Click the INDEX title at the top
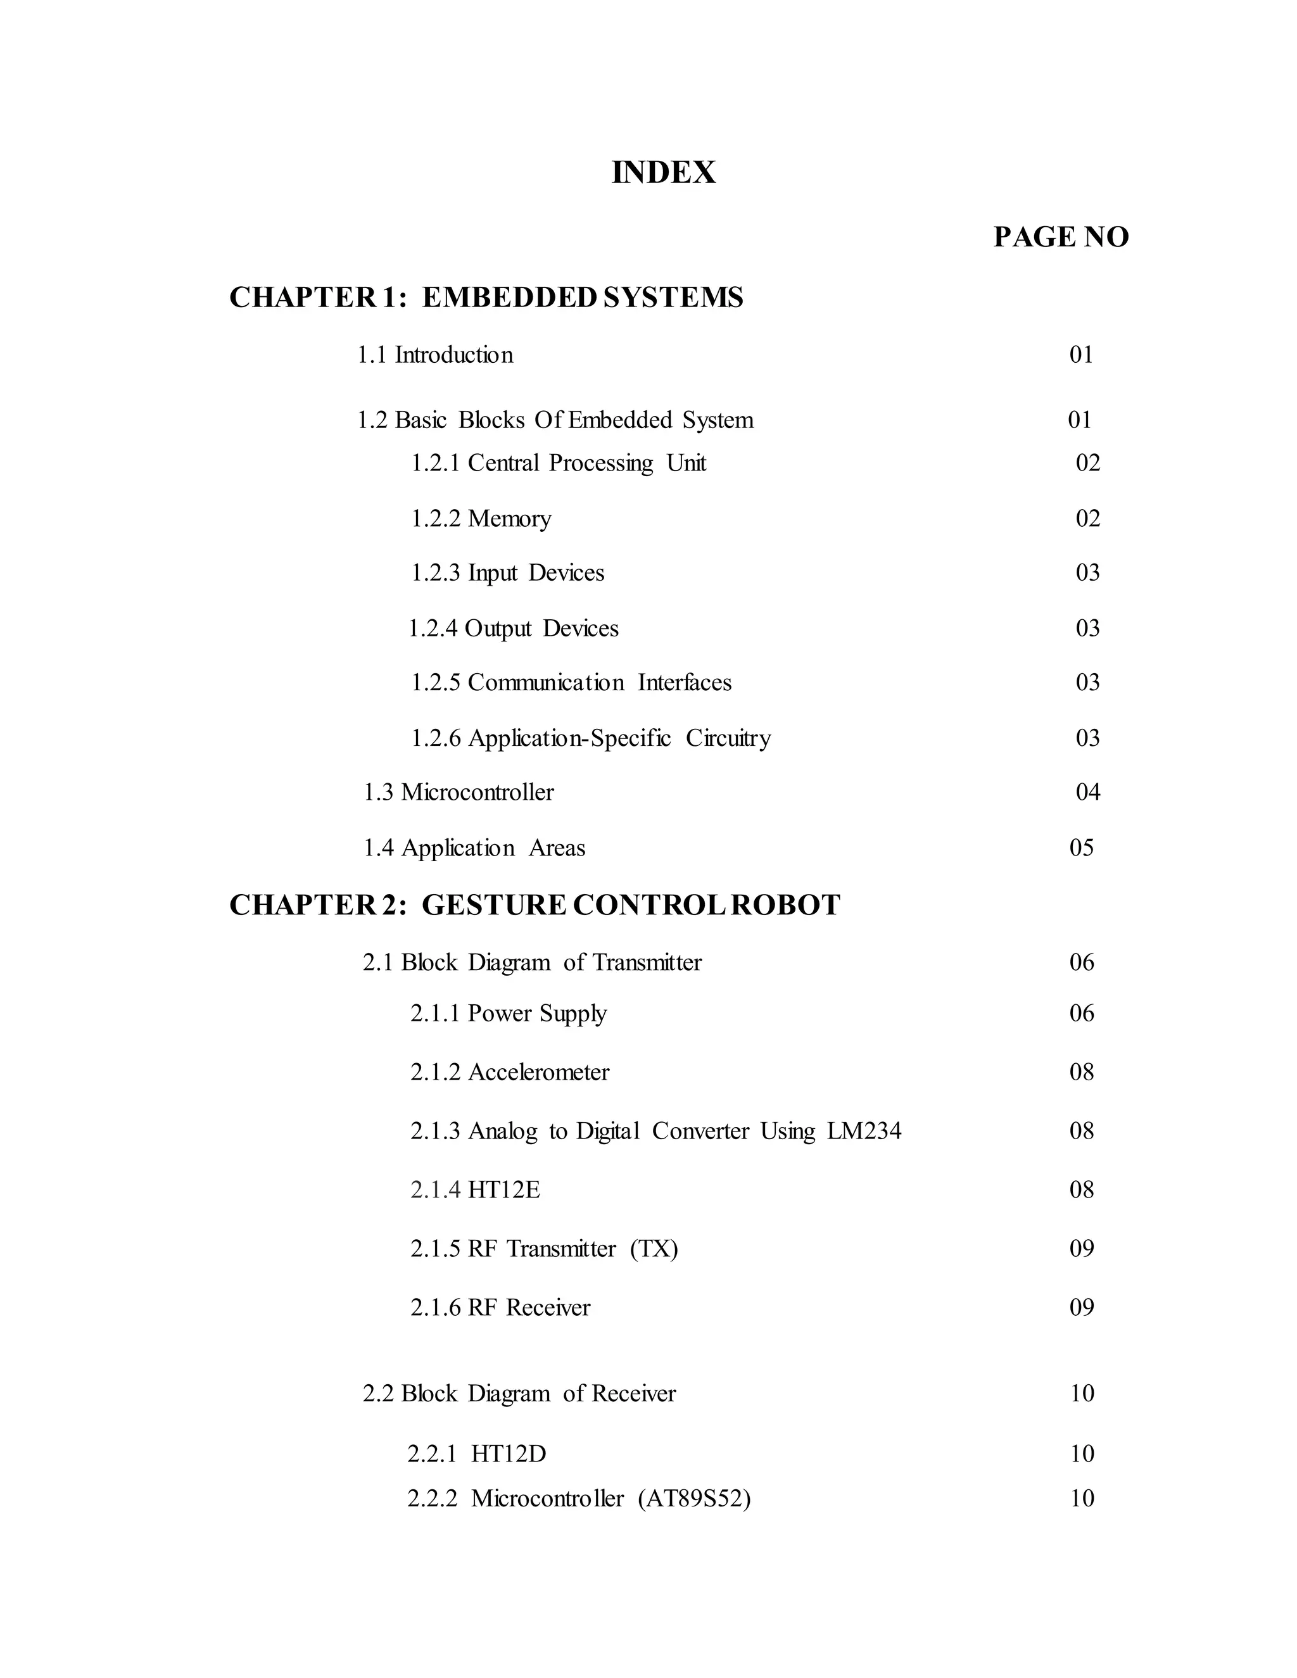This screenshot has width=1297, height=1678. [663, 173]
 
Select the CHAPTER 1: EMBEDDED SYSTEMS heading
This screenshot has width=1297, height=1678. [486, 298]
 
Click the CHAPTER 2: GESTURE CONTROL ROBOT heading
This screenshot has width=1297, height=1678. [534, 905]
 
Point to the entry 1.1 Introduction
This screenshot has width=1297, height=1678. [435, 355]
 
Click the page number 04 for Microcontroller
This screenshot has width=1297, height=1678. [1087, 792]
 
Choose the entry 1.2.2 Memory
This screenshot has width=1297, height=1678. [481, 519]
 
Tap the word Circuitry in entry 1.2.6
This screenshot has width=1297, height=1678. [728, 738]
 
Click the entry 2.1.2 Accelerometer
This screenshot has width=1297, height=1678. [509, 1073]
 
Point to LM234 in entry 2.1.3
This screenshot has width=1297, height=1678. [864, 1131]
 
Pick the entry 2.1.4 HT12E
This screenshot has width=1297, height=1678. [475, 1190]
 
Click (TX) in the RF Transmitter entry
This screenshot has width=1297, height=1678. [654, 1249]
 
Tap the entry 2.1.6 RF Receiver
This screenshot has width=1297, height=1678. [500, 1308]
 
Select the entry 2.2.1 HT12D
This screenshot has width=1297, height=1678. [476, 1454]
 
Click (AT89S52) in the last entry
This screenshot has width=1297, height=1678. [694, 1498]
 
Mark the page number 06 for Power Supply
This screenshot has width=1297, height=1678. [1081, 1013]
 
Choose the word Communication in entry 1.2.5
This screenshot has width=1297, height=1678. [545, 683]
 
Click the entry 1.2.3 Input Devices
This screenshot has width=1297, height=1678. [507, 573]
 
